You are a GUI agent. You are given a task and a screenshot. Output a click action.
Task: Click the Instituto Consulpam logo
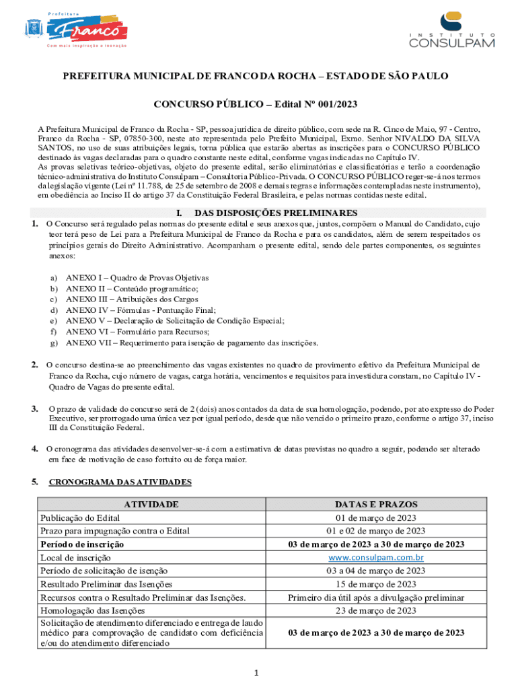tap(453, 31)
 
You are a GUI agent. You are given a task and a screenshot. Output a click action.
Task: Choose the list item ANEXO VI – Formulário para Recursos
tap(137, 332)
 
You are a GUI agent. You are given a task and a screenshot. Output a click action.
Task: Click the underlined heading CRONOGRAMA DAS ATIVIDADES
tap(120, 482)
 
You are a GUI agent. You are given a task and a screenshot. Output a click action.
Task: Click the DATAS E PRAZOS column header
tap(376, 504)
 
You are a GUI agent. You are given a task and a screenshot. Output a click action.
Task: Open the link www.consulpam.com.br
tap(376, 558)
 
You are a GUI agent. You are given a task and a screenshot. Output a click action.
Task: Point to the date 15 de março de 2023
tap(376, 584)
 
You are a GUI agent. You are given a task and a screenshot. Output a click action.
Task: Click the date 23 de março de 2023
tap(376, 611)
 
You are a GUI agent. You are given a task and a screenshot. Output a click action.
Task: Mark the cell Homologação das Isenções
tap(93, 611)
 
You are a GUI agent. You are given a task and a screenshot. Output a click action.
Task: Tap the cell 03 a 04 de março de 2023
tap(376, 571)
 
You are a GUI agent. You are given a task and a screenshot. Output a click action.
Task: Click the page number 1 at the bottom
tap(259, 672)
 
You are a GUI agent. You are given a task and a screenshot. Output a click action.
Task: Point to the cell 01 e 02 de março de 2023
tap(376, 531)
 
